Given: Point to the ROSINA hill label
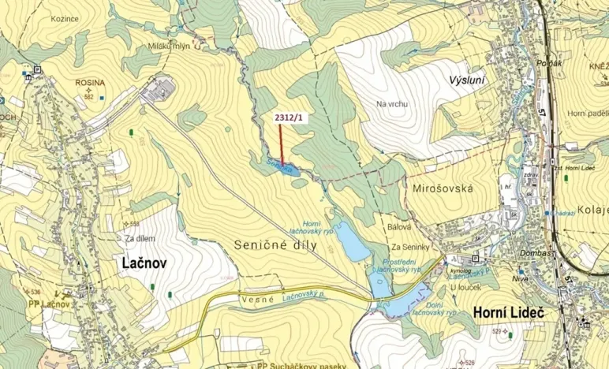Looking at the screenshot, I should pyautogui.click(x=89, y=82).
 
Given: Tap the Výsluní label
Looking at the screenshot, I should pyautogui.click(x=466, y=81).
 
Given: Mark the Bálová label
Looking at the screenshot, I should pyautogui.click(x=399, y=227).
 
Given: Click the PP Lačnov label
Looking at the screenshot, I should pyautogui.click(x=50, y=304).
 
